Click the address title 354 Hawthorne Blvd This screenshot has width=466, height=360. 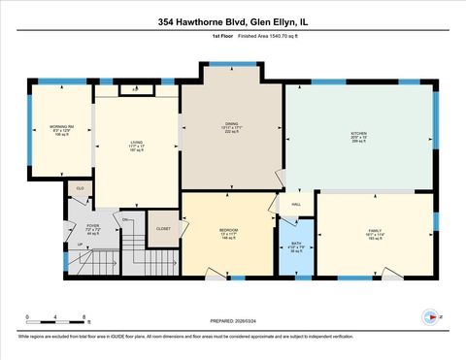point(232,21)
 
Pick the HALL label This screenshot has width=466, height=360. point(296,205)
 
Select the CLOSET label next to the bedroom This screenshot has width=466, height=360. point(163,230)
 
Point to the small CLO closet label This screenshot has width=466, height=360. point(81,186)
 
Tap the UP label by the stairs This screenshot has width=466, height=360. point(80,245)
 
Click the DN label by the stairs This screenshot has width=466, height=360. point(125,220)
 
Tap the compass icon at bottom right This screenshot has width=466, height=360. point(428,316)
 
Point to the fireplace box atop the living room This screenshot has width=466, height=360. point(136,89)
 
